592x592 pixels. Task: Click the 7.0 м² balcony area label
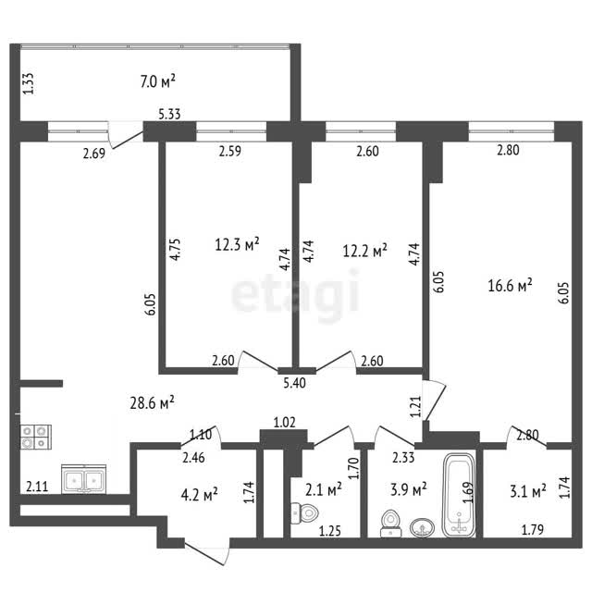pyautogui.click(x=158, y=81)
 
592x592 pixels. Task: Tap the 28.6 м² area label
pyautogui.click(x=152, y=403)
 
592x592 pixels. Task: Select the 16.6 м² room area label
pyautogui.click(x=510, y=285)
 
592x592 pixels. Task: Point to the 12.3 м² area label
pyautogui.click(x=237, y=244)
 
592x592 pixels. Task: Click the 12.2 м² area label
pyautogui.click(x=364, y=251)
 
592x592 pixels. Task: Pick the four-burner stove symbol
pyautogui.click(x=36, y=437)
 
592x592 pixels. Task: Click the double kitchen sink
pyautogui.click(x=84, y=479)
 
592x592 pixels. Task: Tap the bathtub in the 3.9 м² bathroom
pyautogui.click(x=459, y=495)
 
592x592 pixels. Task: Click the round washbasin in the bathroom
pyautogui.click(x=423, y=527)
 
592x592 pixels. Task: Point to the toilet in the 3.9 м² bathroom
pyautogui.click(x=390, y=523)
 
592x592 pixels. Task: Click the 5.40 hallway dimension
pyautogui.click(x=294, y=383)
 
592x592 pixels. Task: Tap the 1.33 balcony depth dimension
pyautogui.click(x=29, y=83)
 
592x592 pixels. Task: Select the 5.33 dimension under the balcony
pyautogui.click(x=169, y=114)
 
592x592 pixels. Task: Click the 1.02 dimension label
pyautogui.click(x=284, y=422)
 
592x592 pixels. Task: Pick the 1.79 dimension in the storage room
pyautogui.click(x=533, y=530)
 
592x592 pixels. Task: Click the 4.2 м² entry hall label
pyautogui.click(x=200, y=494)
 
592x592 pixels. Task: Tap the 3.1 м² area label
pyautogui.click(x=528, y=491)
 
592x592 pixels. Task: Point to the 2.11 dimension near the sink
pyautogui.click(x=37, y=487)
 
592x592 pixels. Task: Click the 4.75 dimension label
pyautogui.click(x=175, y=249)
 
